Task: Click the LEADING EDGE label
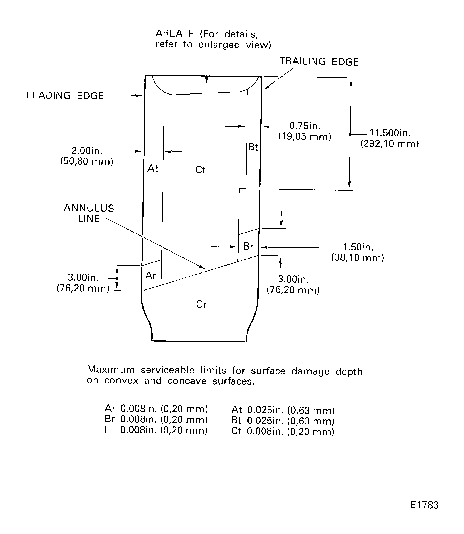tap(65, 96)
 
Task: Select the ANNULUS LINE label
tap(89, 213)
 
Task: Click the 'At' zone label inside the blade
tap(153, 169)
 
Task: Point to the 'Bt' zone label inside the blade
tap(253, 147)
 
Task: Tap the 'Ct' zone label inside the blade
tap(200, 170)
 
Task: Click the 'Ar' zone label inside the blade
tap(151, 276)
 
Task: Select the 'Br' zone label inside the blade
tap(248, 247)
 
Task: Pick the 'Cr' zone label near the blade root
tap(201, 304)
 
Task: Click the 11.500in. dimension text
tap(390, 133)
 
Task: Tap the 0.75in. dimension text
tap(305, 126)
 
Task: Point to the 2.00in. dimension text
tap(87, 151)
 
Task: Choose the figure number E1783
tap(424, 505)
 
